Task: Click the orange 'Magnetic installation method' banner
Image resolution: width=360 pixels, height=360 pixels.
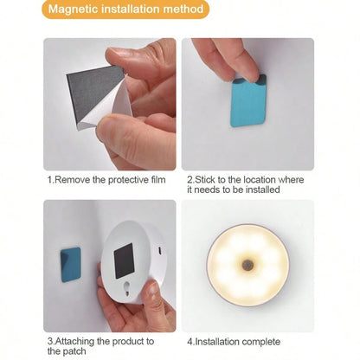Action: coord(125,10)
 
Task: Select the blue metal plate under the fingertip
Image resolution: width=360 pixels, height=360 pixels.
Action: coord(248,101)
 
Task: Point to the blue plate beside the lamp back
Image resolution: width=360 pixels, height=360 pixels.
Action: coord(71,265)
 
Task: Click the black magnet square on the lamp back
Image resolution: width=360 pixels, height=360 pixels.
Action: coord(124,260)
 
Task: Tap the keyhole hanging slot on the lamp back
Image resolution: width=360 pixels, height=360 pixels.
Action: coord(126,288)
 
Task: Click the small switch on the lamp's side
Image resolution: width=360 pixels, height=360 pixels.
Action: coord(159,251)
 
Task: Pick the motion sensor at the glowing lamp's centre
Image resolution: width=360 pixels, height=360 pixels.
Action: coord(247,265)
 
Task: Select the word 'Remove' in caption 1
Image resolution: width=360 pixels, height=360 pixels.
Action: coord(73,180)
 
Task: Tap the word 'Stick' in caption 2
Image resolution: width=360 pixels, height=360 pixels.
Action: coord(205,180)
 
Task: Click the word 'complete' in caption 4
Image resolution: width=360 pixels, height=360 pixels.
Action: coord(261,342)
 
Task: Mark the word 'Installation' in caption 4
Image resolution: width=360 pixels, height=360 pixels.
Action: coord(218,342)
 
